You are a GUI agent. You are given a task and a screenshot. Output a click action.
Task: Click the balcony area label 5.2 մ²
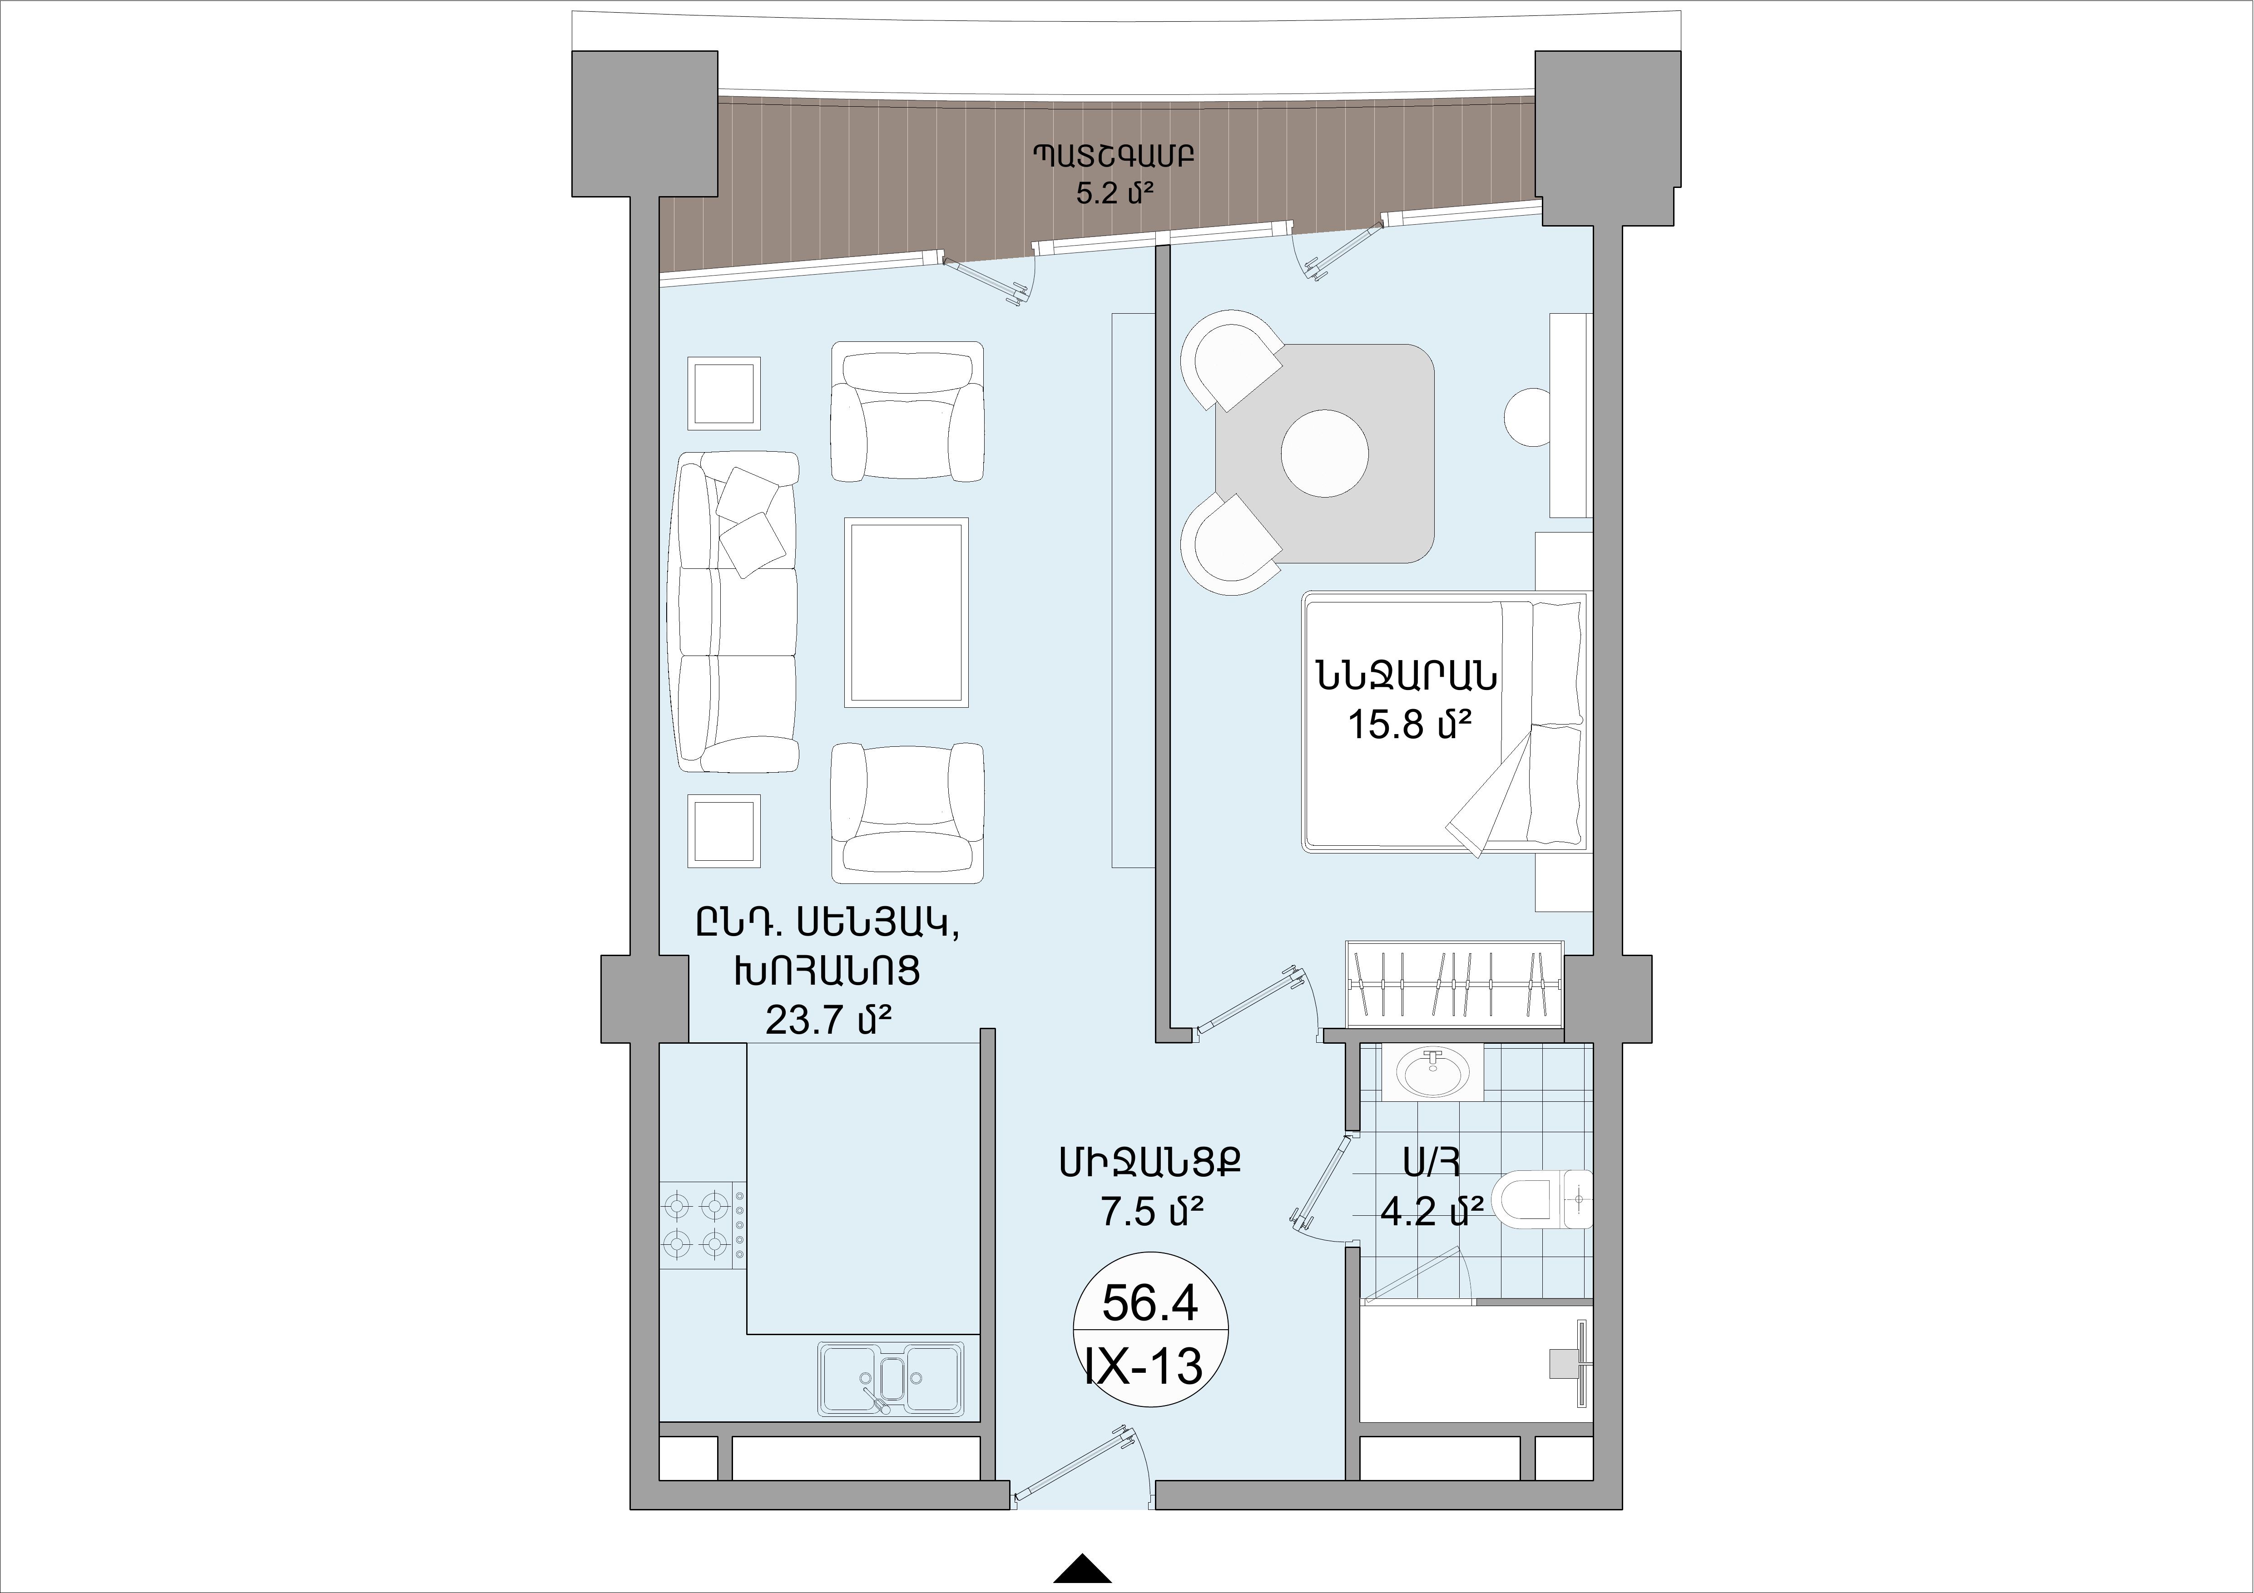(x=1113, y=192)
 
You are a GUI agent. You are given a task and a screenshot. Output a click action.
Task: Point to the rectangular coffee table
(x=906, y=611)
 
